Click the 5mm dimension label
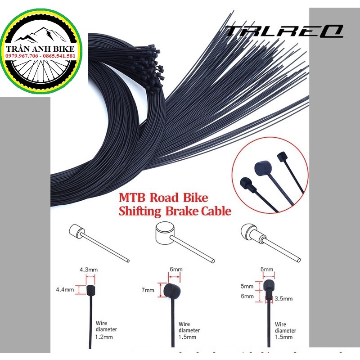point(247,286)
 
